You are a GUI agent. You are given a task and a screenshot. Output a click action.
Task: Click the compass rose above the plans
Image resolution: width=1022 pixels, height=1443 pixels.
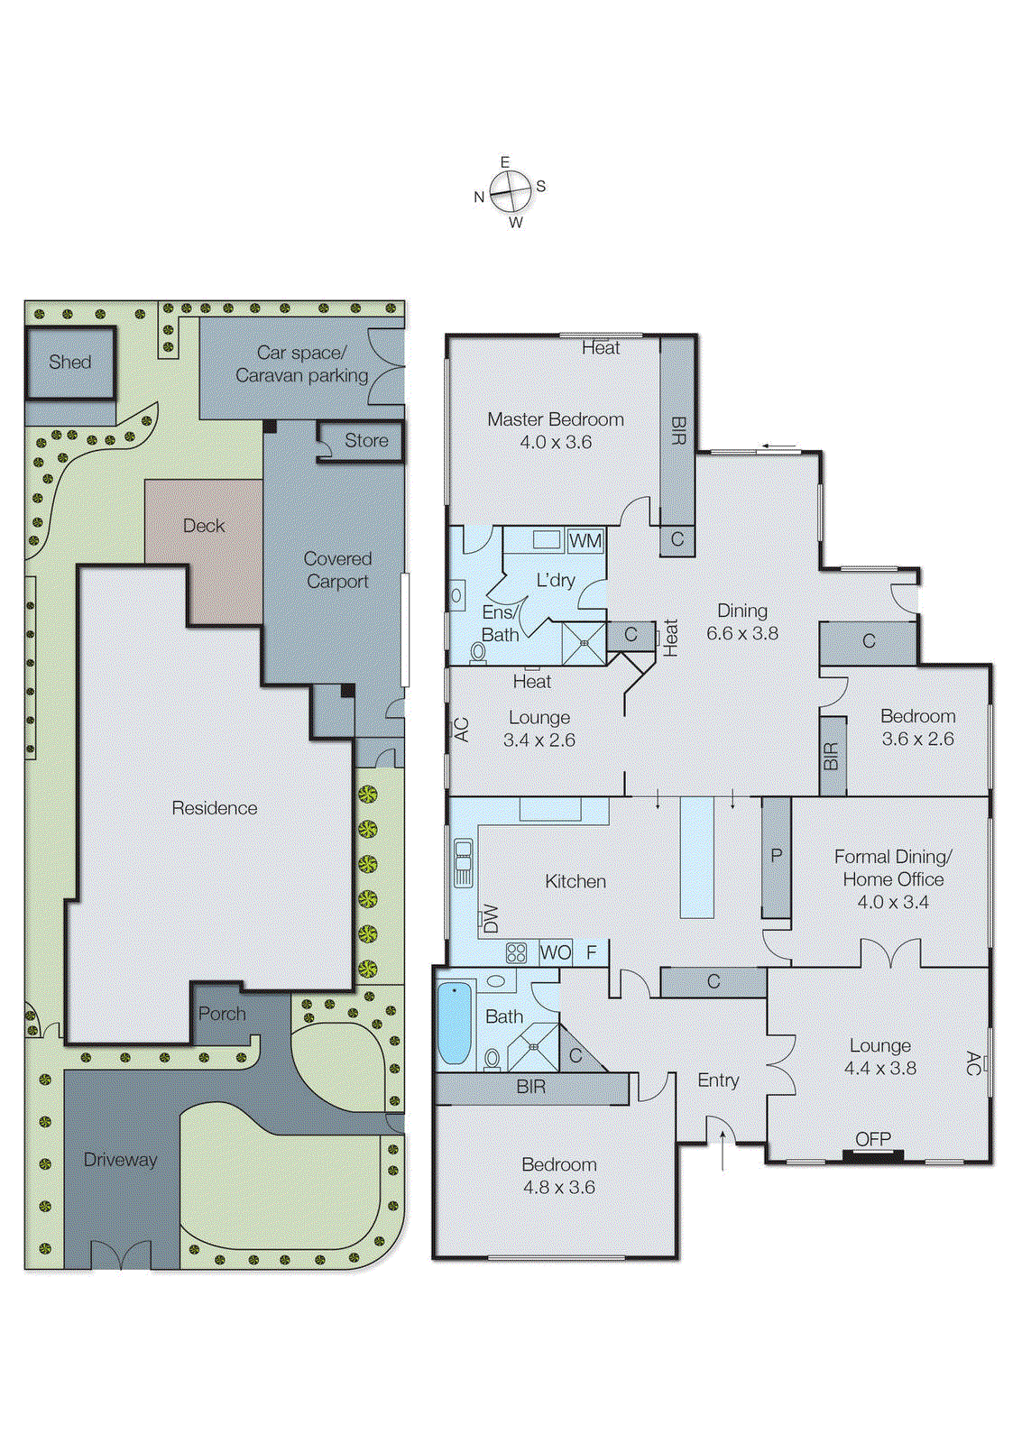511,191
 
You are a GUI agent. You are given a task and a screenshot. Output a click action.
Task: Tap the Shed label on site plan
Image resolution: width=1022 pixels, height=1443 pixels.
70,362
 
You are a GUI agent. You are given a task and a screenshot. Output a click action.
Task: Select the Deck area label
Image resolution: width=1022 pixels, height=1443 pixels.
204,526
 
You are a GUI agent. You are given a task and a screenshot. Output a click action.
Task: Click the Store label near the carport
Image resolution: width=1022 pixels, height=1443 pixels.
366,440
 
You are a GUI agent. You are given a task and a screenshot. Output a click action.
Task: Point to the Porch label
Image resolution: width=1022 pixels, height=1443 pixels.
222,1014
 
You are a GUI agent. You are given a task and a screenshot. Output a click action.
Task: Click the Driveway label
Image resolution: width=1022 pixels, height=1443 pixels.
120,1160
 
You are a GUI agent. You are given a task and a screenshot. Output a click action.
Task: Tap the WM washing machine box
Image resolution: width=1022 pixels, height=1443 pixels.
585,541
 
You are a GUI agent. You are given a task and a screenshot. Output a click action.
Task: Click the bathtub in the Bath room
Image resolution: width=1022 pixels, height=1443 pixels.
455,1025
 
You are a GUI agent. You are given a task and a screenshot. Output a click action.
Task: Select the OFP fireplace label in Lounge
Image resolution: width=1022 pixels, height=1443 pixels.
872,1139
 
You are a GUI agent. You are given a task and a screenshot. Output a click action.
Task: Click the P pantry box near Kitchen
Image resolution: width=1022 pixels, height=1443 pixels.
776,856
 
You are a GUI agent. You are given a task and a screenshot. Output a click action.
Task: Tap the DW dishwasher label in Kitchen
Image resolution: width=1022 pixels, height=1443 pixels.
491,918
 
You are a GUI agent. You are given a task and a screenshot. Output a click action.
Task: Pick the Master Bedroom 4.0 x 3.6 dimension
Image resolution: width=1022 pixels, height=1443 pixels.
556,442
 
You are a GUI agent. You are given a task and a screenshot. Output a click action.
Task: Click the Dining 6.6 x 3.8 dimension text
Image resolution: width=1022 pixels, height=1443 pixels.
741,633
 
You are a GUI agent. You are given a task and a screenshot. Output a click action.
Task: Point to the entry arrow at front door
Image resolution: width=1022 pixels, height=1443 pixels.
723,1153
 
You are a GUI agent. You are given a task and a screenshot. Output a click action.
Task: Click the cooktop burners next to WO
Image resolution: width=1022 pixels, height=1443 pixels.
516,952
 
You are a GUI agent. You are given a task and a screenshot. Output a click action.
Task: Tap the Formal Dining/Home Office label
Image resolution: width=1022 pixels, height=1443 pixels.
892,868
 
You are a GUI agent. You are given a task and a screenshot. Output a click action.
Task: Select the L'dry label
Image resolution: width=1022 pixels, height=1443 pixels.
556,580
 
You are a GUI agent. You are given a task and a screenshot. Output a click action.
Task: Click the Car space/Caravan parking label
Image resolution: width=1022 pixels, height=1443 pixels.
301,364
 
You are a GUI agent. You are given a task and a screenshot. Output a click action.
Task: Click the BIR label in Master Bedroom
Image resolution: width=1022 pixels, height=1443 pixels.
678,430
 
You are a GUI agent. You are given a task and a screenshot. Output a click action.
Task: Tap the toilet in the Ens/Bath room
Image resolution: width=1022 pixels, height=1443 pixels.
478,651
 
